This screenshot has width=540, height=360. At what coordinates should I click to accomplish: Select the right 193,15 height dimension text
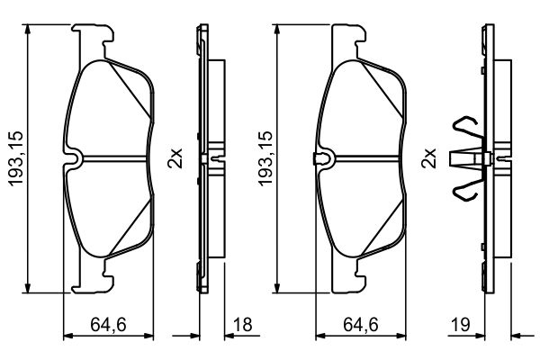(x=265, y=158)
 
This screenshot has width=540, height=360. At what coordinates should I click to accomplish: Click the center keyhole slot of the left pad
(x=76, y=159)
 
